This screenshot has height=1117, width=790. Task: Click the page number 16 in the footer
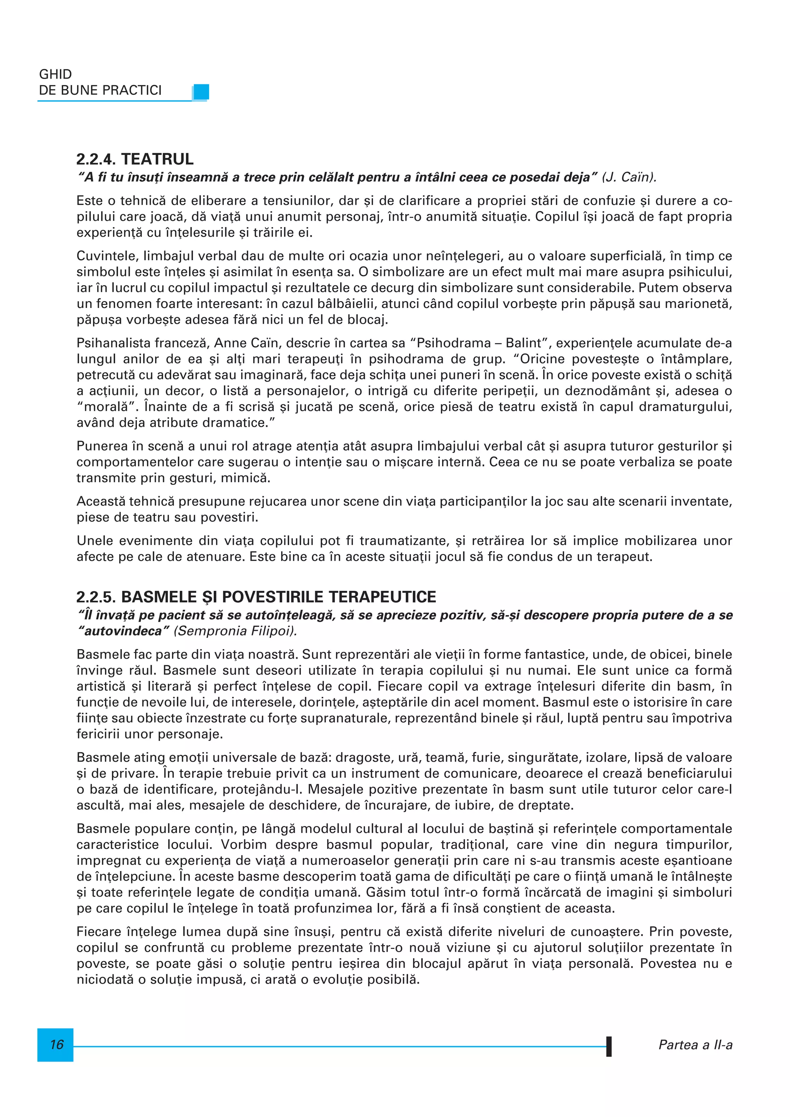click(x=56, y=1045)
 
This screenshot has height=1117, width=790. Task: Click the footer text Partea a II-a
click(x=695, y=1045)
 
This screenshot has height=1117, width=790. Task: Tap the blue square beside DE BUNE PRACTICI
click(x=201, y=91)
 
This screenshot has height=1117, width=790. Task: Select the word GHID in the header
click(x=56, y=74)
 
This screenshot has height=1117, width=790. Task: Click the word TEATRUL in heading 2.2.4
click(x=157, y=159)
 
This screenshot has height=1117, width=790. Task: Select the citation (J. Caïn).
click(x=630, y=177)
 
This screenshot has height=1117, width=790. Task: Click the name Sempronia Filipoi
click(x=237, y=631)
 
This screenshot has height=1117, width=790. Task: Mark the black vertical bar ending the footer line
click(x=609, y=1046)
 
